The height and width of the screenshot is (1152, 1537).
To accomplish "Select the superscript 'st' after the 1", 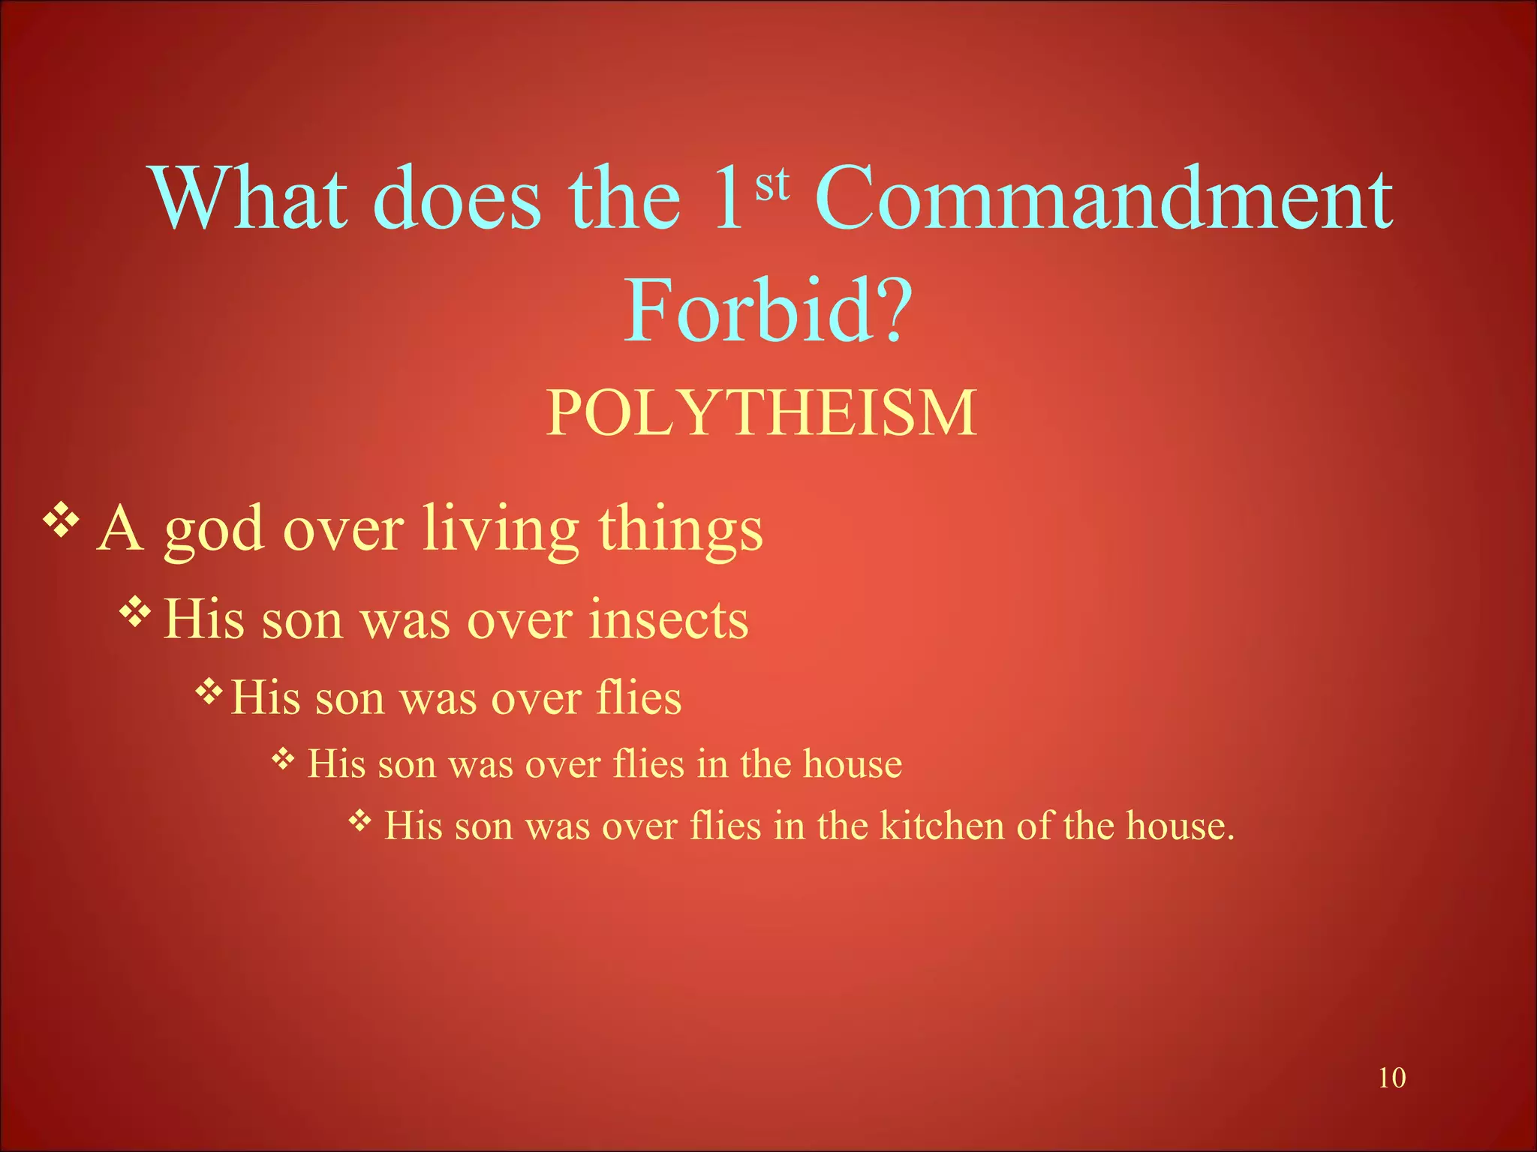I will click(x=772, y=184).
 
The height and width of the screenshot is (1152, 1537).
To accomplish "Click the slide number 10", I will click(x=1391, y=1078).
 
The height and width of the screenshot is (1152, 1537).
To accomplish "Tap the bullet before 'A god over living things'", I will click(x=61, y=521).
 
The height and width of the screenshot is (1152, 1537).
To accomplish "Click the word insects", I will click(x=668, y=620).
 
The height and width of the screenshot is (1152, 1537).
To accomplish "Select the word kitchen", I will click(x=942, y=826).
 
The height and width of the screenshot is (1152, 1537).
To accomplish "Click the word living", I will click(x=501, y=529).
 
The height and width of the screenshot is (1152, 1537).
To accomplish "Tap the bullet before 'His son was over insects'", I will click(x=135, y=612).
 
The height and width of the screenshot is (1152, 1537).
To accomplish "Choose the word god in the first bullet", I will click(x=214, y=529).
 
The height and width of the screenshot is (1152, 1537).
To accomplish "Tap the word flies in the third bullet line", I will click(x=639, y=697).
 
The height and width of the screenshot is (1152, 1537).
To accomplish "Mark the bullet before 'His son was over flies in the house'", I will click(x=283, y=760).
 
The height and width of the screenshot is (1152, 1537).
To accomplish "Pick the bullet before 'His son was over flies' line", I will click(x=209, y=690).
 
